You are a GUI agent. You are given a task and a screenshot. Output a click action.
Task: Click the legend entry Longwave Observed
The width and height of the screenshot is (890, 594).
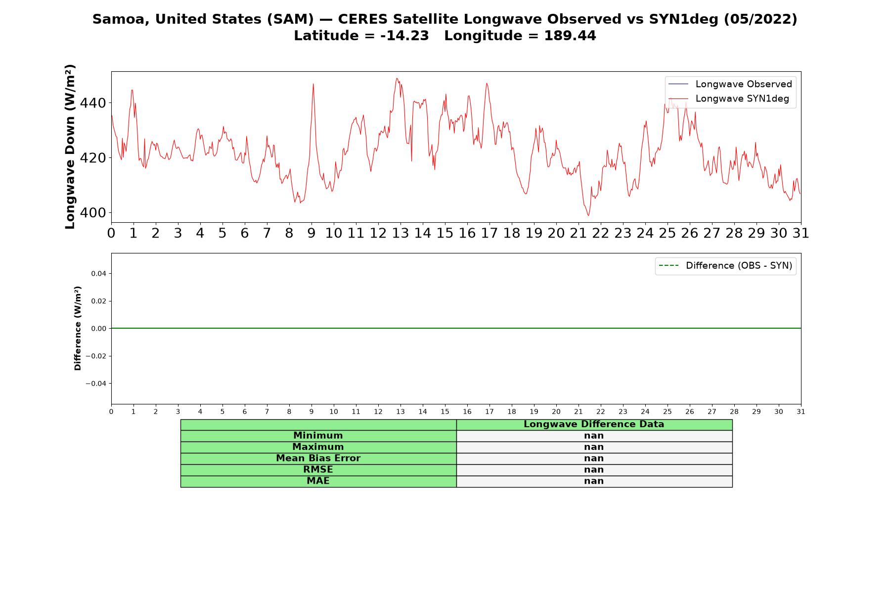[x=730, y=84]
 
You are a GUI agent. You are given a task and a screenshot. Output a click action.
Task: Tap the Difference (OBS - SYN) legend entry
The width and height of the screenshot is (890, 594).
[x=725, y=266]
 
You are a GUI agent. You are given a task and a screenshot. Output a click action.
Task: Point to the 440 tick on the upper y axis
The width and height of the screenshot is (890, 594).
[x=92, y=103]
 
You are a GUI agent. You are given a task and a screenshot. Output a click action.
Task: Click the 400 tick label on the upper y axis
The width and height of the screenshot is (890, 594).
[x=92, y=213]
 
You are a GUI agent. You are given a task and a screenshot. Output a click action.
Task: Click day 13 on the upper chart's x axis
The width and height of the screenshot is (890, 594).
[x=400, y=233]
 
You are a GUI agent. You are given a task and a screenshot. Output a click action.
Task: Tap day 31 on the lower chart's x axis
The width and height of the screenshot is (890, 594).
[x=801, y=411]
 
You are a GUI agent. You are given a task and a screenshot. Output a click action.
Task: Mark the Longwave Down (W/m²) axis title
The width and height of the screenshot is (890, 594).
[x=70, y=147]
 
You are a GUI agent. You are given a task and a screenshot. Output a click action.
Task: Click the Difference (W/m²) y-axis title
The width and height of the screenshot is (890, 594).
[x=78, y=328]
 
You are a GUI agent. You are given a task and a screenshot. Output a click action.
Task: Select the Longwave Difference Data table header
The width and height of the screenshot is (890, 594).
[x=594, y=424]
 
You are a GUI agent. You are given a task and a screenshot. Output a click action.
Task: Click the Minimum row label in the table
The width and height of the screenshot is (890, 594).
[x=318, y=436]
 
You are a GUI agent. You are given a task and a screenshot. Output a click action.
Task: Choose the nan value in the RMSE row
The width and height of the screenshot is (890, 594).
[x=594, y=470]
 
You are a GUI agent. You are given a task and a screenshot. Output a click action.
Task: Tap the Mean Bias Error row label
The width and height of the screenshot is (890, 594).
[x=318, y=458]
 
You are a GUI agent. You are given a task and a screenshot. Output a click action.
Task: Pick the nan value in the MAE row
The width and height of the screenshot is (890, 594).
[x=594, y=481]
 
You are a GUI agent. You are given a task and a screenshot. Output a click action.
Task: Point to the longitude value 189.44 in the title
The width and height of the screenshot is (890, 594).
[x=570, y=36]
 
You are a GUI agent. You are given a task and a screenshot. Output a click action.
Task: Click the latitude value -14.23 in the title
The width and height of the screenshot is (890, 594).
[x=404, y=36]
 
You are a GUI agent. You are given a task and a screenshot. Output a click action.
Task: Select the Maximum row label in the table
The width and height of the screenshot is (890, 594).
[x=318, y=447]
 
